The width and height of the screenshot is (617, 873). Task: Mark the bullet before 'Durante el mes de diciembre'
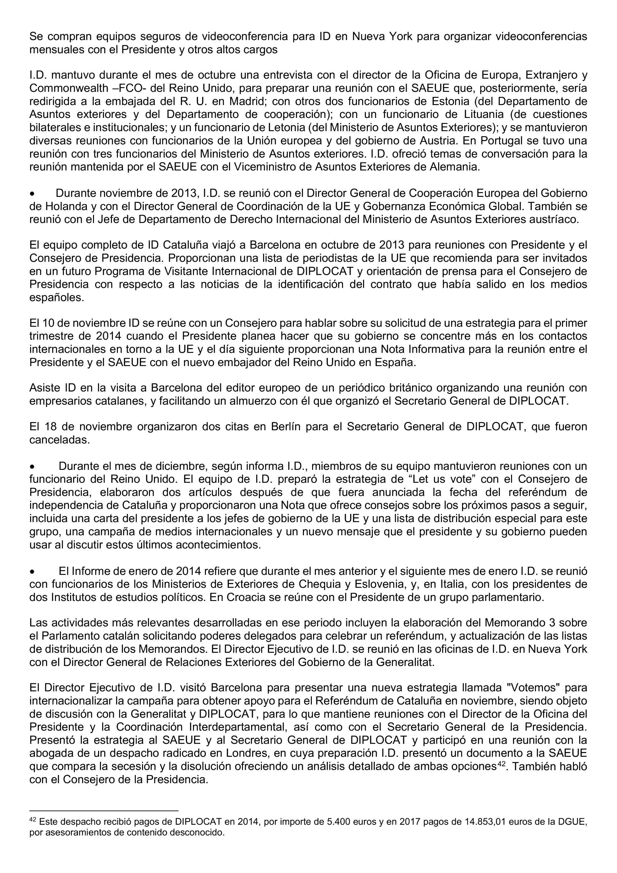coord(33,467)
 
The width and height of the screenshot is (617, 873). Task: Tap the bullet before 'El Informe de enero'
coord(33,571)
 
